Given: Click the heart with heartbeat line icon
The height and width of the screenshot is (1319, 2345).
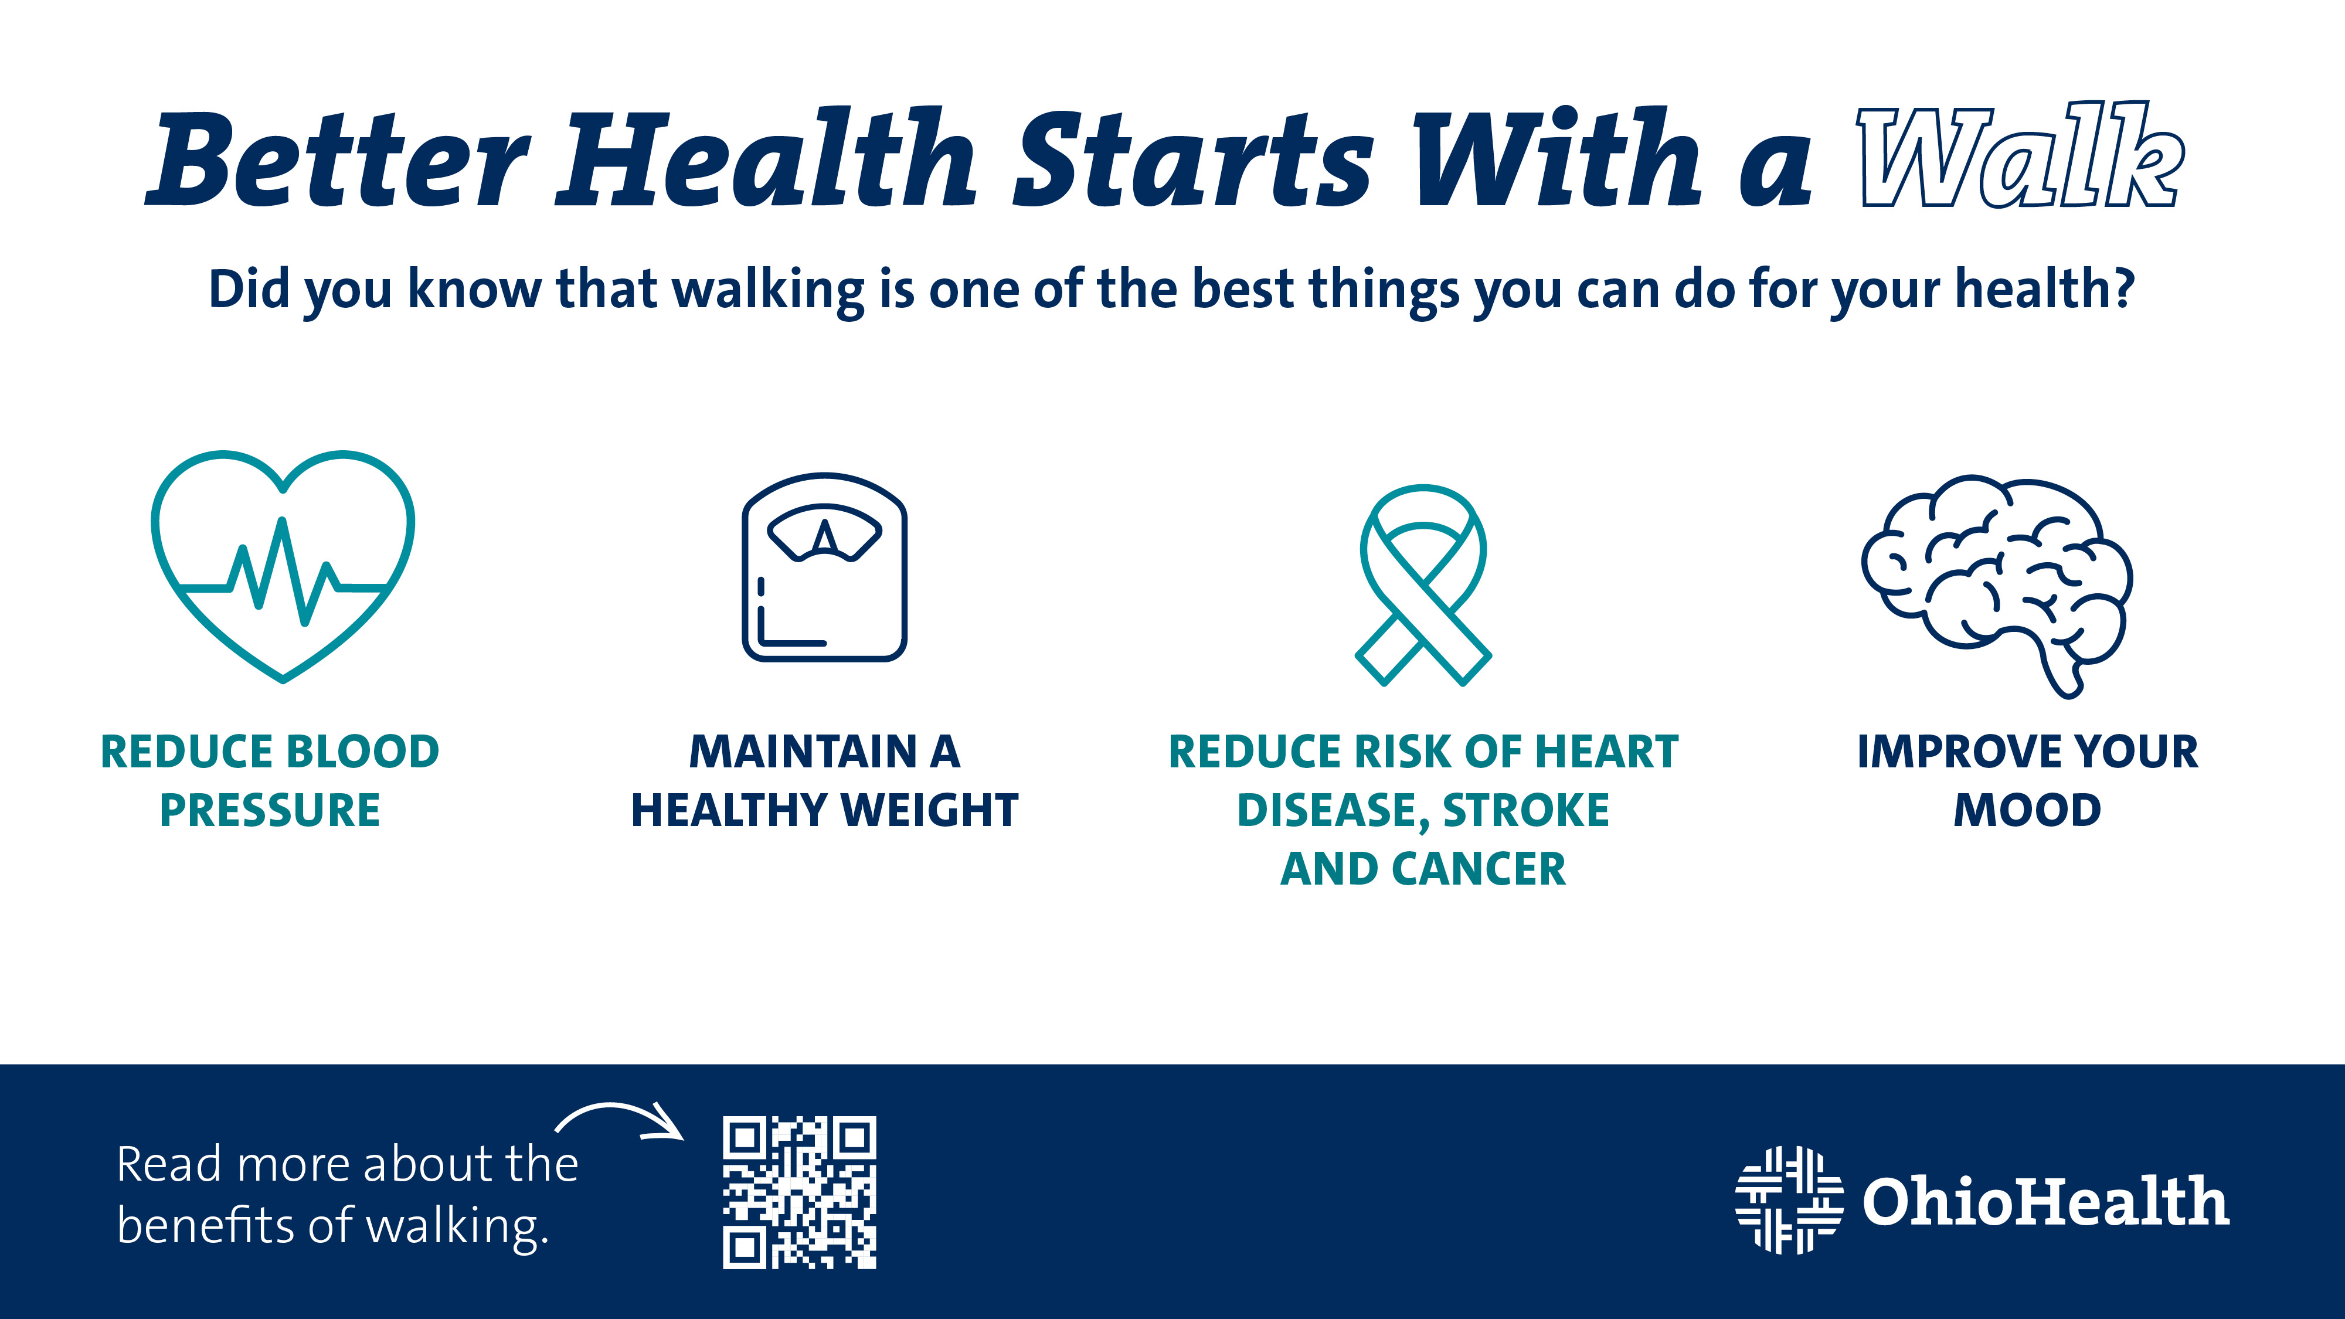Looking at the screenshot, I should tap(283, 565).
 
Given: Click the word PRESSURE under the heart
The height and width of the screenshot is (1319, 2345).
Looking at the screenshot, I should tap(270, 810).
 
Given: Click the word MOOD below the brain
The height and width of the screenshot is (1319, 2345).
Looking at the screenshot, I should tap(2027, 810).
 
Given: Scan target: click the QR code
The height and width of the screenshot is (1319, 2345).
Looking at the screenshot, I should tap(799, 1192).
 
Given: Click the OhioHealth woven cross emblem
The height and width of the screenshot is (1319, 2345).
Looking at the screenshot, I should tap(1789, 1200).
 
